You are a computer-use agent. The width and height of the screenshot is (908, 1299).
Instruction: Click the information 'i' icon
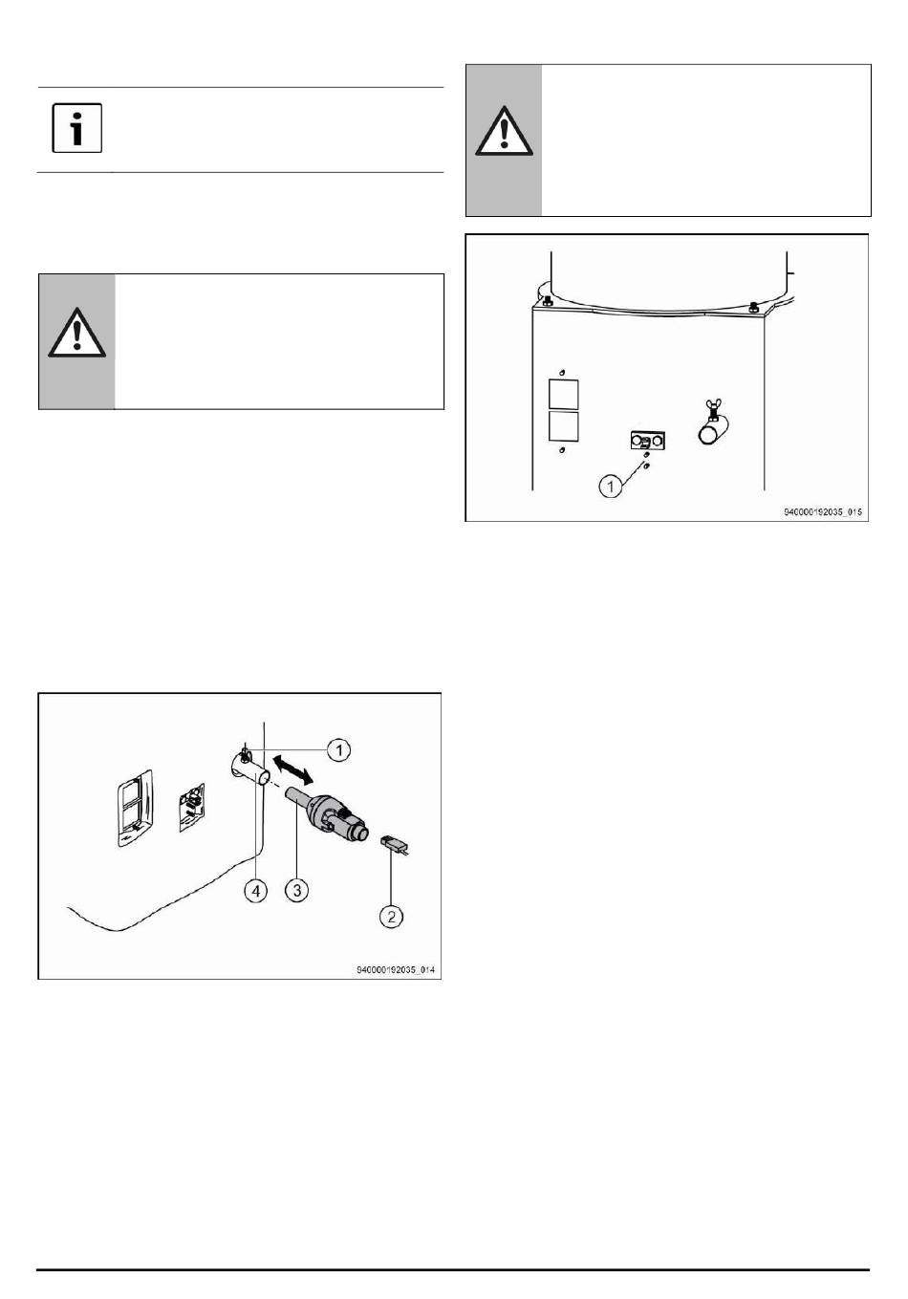77,128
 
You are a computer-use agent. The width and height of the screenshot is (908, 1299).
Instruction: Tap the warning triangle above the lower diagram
76,333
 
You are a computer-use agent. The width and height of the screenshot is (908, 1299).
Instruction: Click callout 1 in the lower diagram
338,749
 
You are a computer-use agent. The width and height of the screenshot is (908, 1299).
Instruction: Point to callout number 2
391,917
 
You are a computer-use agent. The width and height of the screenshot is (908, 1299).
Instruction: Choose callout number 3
297,890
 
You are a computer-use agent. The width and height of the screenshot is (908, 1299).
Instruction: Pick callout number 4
256,890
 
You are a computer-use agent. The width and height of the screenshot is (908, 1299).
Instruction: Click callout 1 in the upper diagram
610,486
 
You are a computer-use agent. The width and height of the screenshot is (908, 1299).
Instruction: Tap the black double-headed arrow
292,768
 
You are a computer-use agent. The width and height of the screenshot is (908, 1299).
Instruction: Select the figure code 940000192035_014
396,969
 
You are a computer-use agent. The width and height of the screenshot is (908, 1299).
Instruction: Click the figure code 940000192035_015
823,512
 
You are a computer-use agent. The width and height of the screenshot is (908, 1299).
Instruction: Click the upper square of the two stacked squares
563,395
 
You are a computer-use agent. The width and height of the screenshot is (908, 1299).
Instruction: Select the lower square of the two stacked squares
563,427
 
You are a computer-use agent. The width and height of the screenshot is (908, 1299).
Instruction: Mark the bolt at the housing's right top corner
754,306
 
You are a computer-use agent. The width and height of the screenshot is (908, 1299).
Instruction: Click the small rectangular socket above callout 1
647,441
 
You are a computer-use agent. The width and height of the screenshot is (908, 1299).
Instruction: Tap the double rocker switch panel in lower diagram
135,808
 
